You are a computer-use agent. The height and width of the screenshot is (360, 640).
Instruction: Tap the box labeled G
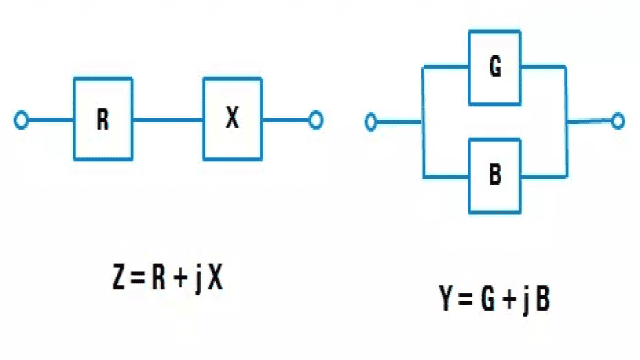point(495,68)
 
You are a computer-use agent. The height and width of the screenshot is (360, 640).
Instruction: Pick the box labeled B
point(495,173)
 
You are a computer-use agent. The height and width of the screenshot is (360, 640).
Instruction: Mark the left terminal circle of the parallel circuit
point(371,123)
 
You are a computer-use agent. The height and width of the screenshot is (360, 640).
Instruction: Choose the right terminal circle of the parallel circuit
point(619,120)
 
